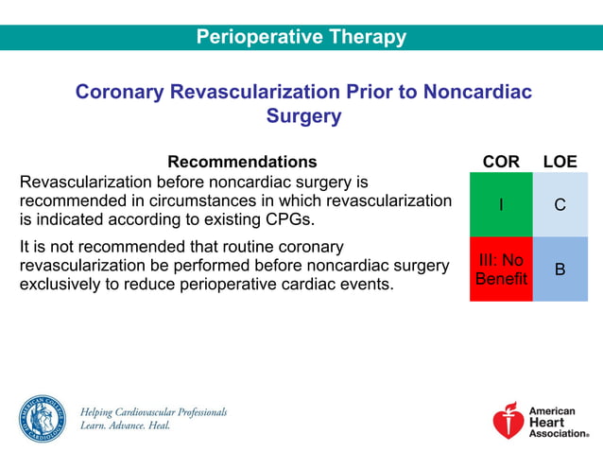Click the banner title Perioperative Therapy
tap(301, 38)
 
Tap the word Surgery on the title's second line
tap(302, 116)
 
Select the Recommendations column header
tap(242, 162)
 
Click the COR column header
tap(501, 162)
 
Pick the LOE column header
tap(560, 162)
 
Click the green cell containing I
tap(501, 204)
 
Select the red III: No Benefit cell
tap(501, 269)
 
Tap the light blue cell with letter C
tap(560, 204)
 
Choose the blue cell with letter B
tap(560, 269)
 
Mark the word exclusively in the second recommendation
tap(60, 284)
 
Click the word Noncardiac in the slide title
tap(477, 92)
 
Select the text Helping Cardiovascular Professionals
tap(153, 412)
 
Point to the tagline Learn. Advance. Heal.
tap(125, 426)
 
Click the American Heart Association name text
tap(558, 422)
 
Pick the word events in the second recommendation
tap(365, 284)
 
